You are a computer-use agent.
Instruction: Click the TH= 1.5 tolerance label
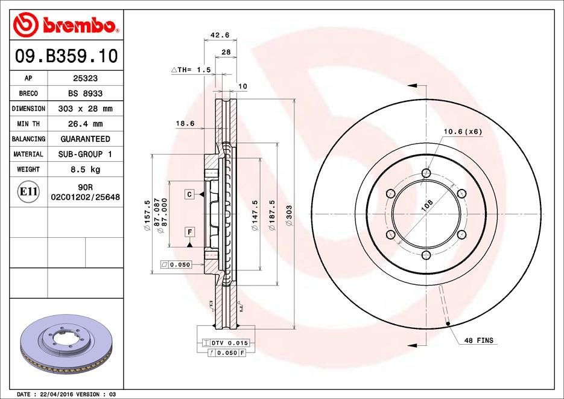[191, 70]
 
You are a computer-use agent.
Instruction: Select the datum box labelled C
[189, 194]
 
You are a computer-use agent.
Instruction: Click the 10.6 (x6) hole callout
[463, 131]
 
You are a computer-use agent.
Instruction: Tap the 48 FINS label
[478, 340]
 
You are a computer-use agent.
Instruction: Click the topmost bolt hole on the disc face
[427, 174]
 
